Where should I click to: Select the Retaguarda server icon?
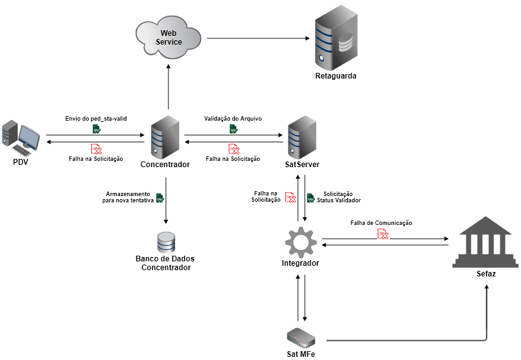point(336,38)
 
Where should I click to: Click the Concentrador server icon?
point(166,136)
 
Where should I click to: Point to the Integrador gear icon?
point(301,242)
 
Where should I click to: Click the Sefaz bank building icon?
point(485,242)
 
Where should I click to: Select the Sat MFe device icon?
point(301,338)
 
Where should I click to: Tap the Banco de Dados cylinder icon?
point(166,243)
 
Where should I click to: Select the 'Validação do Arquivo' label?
point(233,118)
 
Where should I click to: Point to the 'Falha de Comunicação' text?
point(381,223)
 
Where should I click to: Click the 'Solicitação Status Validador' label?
point(339,197)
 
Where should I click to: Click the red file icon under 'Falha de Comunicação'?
point(383,234)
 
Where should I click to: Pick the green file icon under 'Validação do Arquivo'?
point(233,129)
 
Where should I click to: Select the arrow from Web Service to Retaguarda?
point(258,38)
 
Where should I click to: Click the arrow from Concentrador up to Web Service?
point(168,88)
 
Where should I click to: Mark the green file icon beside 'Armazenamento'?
point(160,198)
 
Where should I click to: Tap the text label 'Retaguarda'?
point(336,76)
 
